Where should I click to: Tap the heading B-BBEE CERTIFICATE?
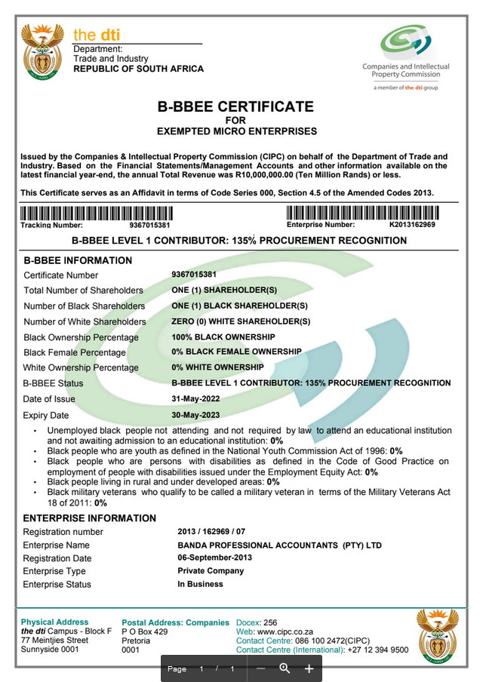235,107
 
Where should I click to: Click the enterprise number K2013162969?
412,225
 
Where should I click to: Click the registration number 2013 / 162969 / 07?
211,532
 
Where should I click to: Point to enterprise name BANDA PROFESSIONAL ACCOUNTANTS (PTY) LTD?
279,545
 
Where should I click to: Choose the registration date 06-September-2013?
214,558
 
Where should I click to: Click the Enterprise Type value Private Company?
211,571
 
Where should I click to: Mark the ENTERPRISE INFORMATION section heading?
90,518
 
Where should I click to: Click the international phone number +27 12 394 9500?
378,650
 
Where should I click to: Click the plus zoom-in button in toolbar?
309,668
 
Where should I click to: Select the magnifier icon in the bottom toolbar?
285,668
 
